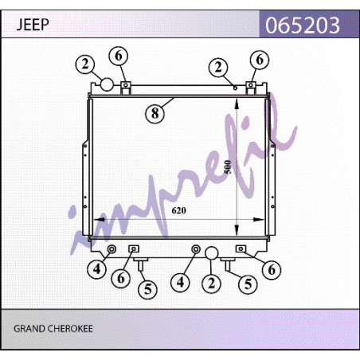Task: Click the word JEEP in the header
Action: [x=33, y=25]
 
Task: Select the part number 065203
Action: [x=303, y=25]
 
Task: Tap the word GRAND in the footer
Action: [x=29, y=329]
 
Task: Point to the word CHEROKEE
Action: [x=69, y=329]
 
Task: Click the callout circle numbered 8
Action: [x=155, y=114]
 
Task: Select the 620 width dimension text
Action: [x=178, y=210]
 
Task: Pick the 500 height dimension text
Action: [x=228, y=167]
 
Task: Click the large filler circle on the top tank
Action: [x=107, y=84]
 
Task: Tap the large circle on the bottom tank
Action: [x=212, y=253]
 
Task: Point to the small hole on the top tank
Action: [x=235, y=88]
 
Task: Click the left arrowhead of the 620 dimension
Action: [x=99, y=220]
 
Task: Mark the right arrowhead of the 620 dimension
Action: [x=259, y=220]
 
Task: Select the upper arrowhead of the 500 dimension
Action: [x=237, y=103]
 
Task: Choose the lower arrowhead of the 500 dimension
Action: [x=237, y=230]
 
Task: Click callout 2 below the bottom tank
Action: [x=211, y=284]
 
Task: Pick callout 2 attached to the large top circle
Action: [x=85, y=65]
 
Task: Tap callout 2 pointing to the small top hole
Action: [x=218, y=67]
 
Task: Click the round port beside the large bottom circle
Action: [x=196, y=249]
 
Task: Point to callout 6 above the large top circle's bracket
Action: [x=119, y=56]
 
